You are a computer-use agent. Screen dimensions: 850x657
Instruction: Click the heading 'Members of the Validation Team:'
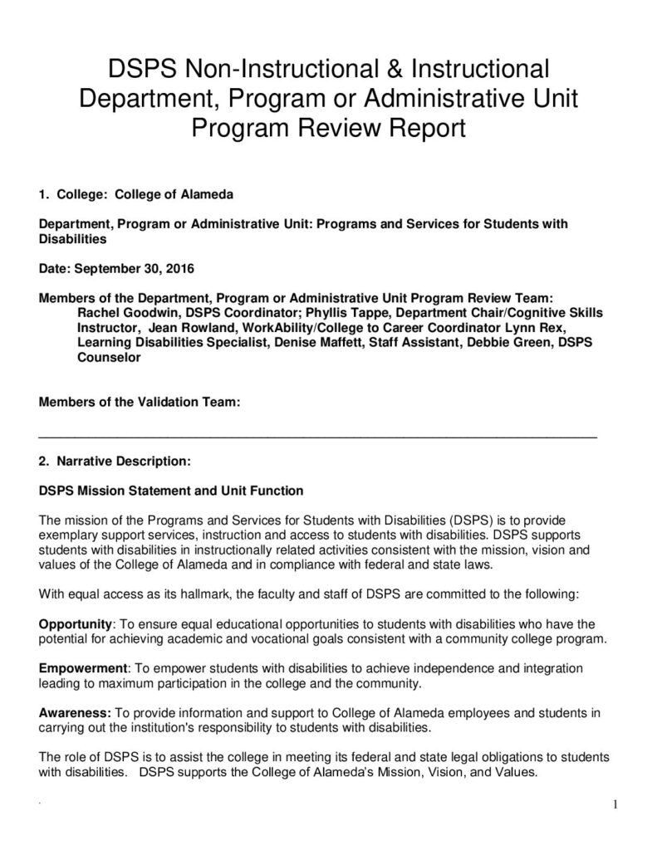(140, 403)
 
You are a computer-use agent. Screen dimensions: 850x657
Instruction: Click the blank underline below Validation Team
(318, 435)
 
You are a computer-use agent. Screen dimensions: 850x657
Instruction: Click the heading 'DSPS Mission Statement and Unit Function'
(171, 490)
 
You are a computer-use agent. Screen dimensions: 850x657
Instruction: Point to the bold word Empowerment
(81, 668)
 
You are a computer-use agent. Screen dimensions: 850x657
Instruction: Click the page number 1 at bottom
(615, 804)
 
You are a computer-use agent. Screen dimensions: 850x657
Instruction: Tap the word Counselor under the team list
(109, 357)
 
